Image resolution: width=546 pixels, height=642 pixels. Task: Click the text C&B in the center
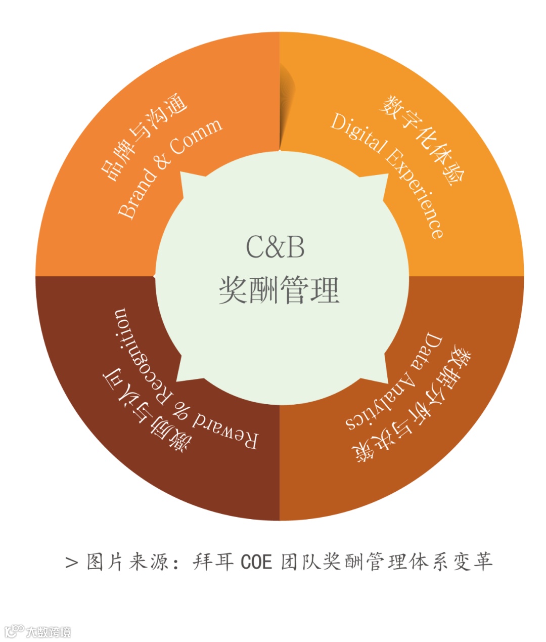(276, 247)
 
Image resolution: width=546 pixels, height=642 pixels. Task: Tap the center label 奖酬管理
(279, 289)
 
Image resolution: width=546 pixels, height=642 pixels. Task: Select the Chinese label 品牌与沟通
(144, 137)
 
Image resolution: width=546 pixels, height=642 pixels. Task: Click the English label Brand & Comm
(169, 168)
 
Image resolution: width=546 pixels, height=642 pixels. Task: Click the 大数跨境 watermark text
(49, 632)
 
